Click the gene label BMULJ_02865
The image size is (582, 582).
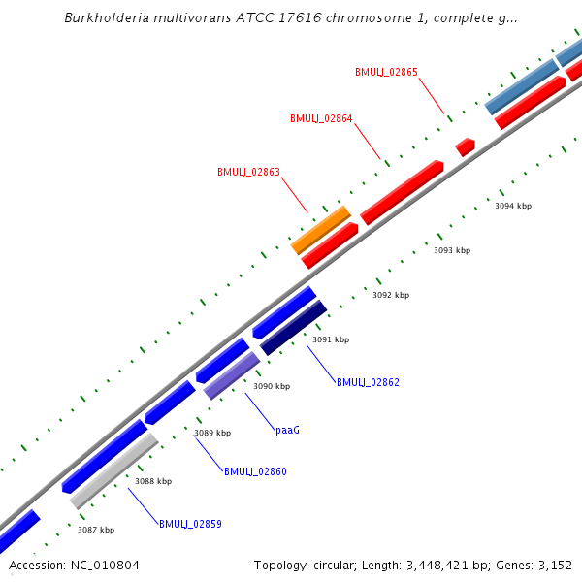(x=386, y=72)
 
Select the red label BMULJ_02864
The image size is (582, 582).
(x=321, y=119)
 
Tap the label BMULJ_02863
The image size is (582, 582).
(x=248, y=172)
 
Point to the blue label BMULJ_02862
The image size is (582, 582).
(x=368, y=382)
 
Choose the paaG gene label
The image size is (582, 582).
(x=287, y=429)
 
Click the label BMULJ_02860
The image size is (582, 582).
(x=255, y=471)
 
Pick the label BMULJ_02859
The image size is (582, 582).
(x=190, y=524)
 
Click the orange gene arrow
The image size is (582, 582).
(x=320, y=230)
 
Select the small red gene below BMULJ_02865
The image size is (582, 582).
(x=466, y=146)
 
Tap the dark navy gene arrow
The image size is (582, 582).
(x=294, y=328)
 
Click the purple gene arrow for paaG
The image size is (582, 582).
(x=232, y=375)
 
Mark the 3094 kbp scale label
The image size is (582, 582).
(x=513, y=206)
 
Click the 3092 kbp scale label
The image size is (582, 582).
(x=391, y=295)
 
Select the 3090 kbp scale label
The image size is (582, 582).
(x=272, y=386)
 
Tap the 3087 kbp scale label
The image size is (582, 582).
(x=96, y=530)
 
